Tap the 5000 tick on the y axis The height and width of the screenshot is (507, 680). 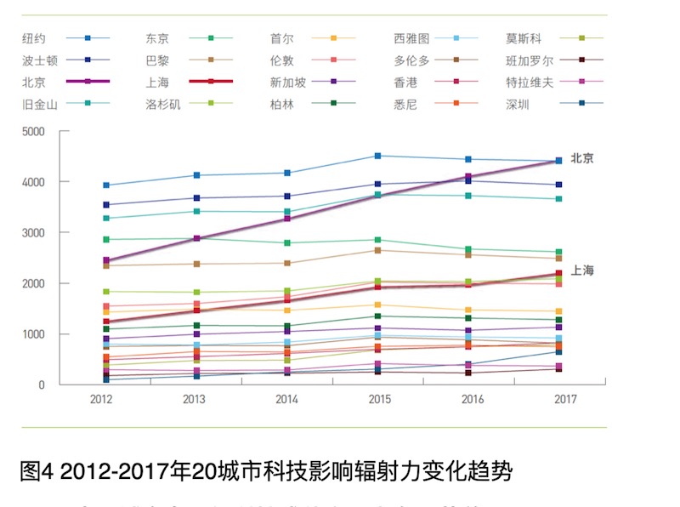(x=33, y=132)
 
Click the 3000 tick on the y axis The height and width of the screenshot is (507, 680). (x=33, y=233)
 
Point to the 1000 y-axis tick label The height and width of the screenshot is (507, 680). (x=33, y=334)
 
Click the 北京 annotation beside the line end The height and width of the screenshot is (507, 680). (x=582, y=158)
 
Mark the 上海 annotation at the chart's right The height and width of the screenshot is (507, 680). (x=582, y=271)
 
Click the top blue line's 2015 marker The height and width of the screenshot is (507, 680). (x=377, y=156)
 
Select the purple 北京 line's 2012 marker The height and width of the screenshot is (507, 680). (x=106, y=261)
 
